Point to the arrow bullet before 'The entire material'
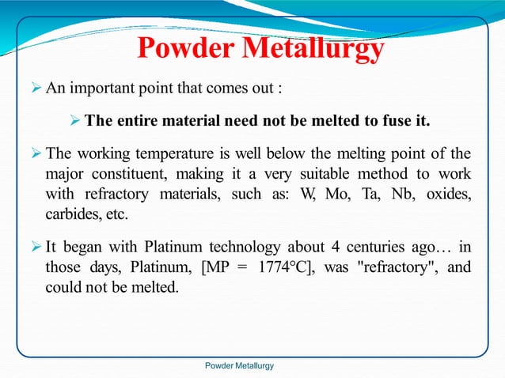pos(75,121)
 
